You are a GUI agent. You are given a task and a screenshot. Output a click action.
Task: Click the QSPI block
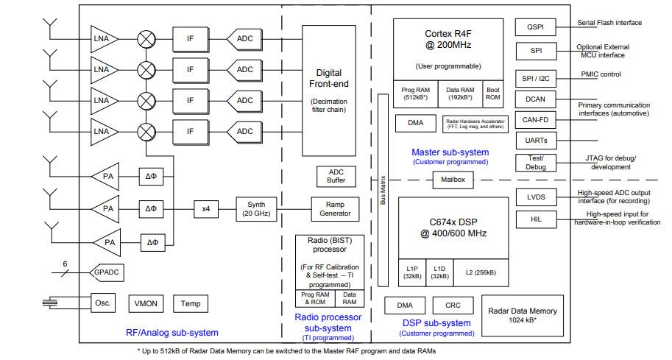(x=535, y=27)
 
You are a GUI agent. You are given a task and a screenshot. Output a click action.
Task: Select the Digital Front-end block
(x=329, y=90)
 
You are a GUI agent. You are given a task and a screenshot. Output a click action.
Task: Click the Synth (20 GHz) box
(x=255, y=209)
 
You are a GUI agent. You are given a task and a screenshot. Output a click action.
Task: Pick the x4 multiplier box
(x=206, y=209)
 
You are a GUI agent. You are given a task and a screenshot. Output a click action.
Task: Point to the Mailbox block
(x=453, y=179)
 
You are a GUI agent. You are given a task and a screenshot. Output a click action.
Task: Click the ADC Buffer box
(x=335, y=176)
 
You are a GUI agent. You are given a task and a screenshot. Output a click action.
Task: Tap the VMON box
(x=147, y=303)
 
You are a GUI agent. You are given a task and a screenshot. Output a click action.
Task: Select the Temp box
(x=190, y=303)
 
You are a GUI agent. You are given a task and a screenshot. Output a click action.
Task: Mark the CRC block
(x=453, y=306)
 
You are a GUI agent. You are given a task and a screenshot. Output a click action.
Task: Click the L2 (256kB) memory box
(x=479, y=272)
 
